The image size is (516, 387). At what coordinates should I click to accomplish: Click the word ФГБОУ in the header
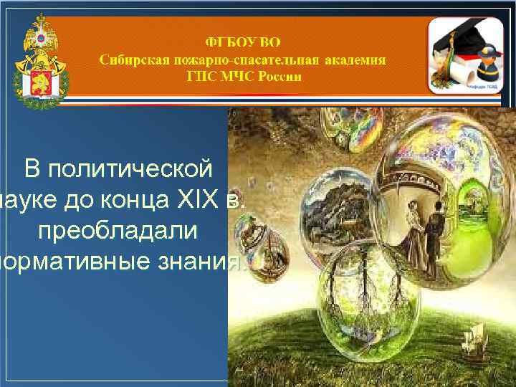pos(224,40)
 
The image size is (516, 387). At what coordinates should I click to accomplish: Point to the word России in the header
pos(276,77)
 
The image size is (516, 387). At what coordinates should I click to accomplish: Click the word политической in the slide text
pos(118,169)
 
